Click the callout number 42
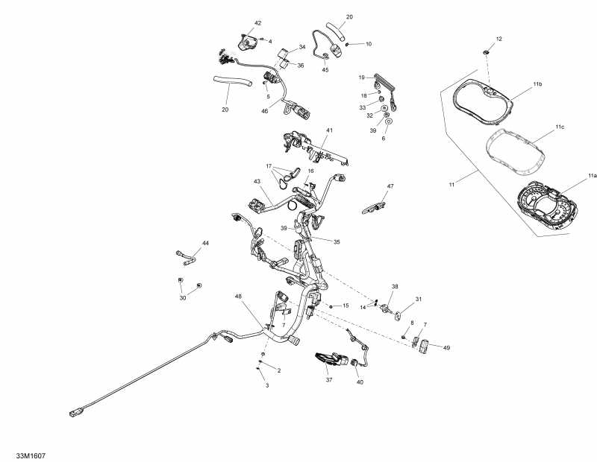pyautogui.click(x=257, y=23)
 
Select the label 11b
pyautogui.click(x=537, y=83)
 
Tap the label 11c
pyautogui.click(x=559, y=127)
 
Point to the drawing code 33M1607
pyautogui.click(x=31, y=455)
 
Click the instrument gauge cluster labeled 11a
pyautogui.click(x=548, y=206)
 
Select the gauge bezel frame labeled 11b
pyautogui.click(x=481, y=102)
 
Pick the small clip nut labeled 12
pyautogui.click(x=486, y=51)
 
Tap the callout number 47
pyautogui.click(x=390, y=186)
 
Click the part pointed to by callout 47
pyautogui.click(x=374, y=208)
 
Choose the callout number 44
pyautogui.click(x=205, y=243)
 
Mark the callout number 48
pyautogui.click(x=238, y=297)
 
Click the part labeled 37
pyautogui.click(x=331, y=359)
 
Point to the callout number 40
pyautogui.click(x=360, y=382)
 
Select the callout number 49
pyautogui.click(x=446, y=347)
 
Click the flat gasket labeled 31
pyautogui.click(x=398, y=315)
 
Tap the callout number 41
pyautogui.click(x=329, y=130)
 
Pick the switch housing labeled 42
pyautogui.click(x=247, y=42)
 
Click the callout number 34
pyautogui.click(x=302, y=47)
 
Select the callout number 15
pyautogui.click(x=346, y=306)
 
